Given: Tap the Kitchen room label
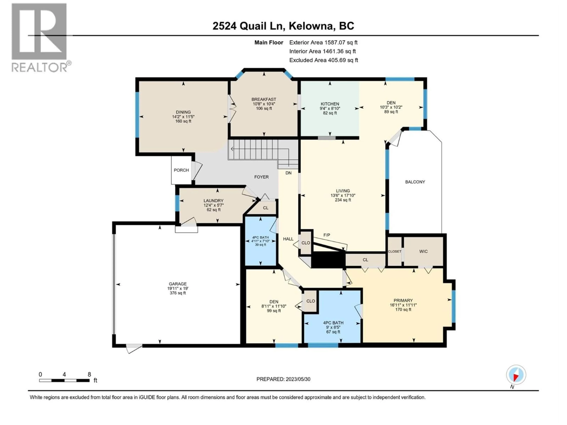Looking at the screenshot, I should click(x=330, y=104).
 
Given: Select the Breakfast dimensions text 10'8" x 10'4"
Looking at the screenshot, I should click(x=264, y=104).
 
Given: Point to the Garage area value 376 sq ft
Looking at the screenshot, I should click(x=178, y=293).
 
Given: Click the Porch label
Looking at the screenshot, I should click(x=181, y=170).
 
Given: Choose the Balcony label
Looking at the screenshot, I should click(x=415, y=182).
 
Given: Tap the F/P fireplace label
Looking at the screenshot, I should click(x=327, y=235).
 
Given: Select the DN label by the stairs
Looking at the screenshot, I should click(x=288, y=173).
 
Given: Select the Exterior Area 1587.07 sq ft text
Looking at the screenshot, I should click(x=323, y=42).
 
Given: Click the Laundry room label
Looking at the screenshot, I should click(x=214, y=201).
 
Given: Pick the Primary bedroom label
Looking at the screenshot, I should click(x=403, y=300).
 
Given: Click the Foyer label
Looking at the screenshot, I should click(x=261, y=177).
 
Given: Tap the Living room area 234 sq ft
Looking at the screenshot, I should click(x=343, y=200).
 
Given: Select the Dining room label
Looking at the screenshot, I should click(x=183, y=112).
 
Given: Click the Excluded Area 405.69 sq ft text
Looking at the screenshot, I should click(x=324, y=60).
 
